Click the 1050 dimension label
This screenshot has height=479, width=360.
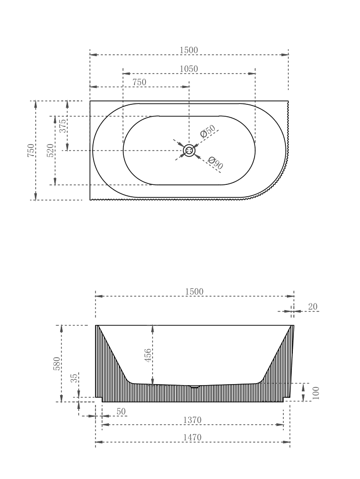189,69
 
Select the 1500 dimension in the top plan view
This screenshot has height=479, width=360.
189,50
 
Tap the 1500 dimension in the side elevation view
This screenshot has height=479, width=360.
194,291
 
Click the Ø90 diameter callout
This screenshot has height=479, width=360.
215,163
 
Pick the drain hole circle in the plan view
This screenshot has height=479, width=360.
189,150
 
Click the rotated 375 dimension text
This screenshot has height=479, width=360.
63,125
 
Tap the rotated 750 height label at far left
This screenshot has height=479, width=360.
31,150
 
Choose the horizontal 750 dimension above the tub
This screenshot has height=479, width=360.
139,82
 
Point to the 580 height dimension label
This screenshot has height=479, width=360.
57,363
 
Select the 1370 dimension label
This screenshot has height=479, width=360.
192,420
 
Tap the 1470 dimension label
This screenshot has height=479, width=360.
192,437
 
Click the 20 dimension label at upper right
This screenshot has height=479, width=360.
312,307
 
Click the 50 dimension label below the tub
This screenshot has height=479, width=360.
121,411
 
